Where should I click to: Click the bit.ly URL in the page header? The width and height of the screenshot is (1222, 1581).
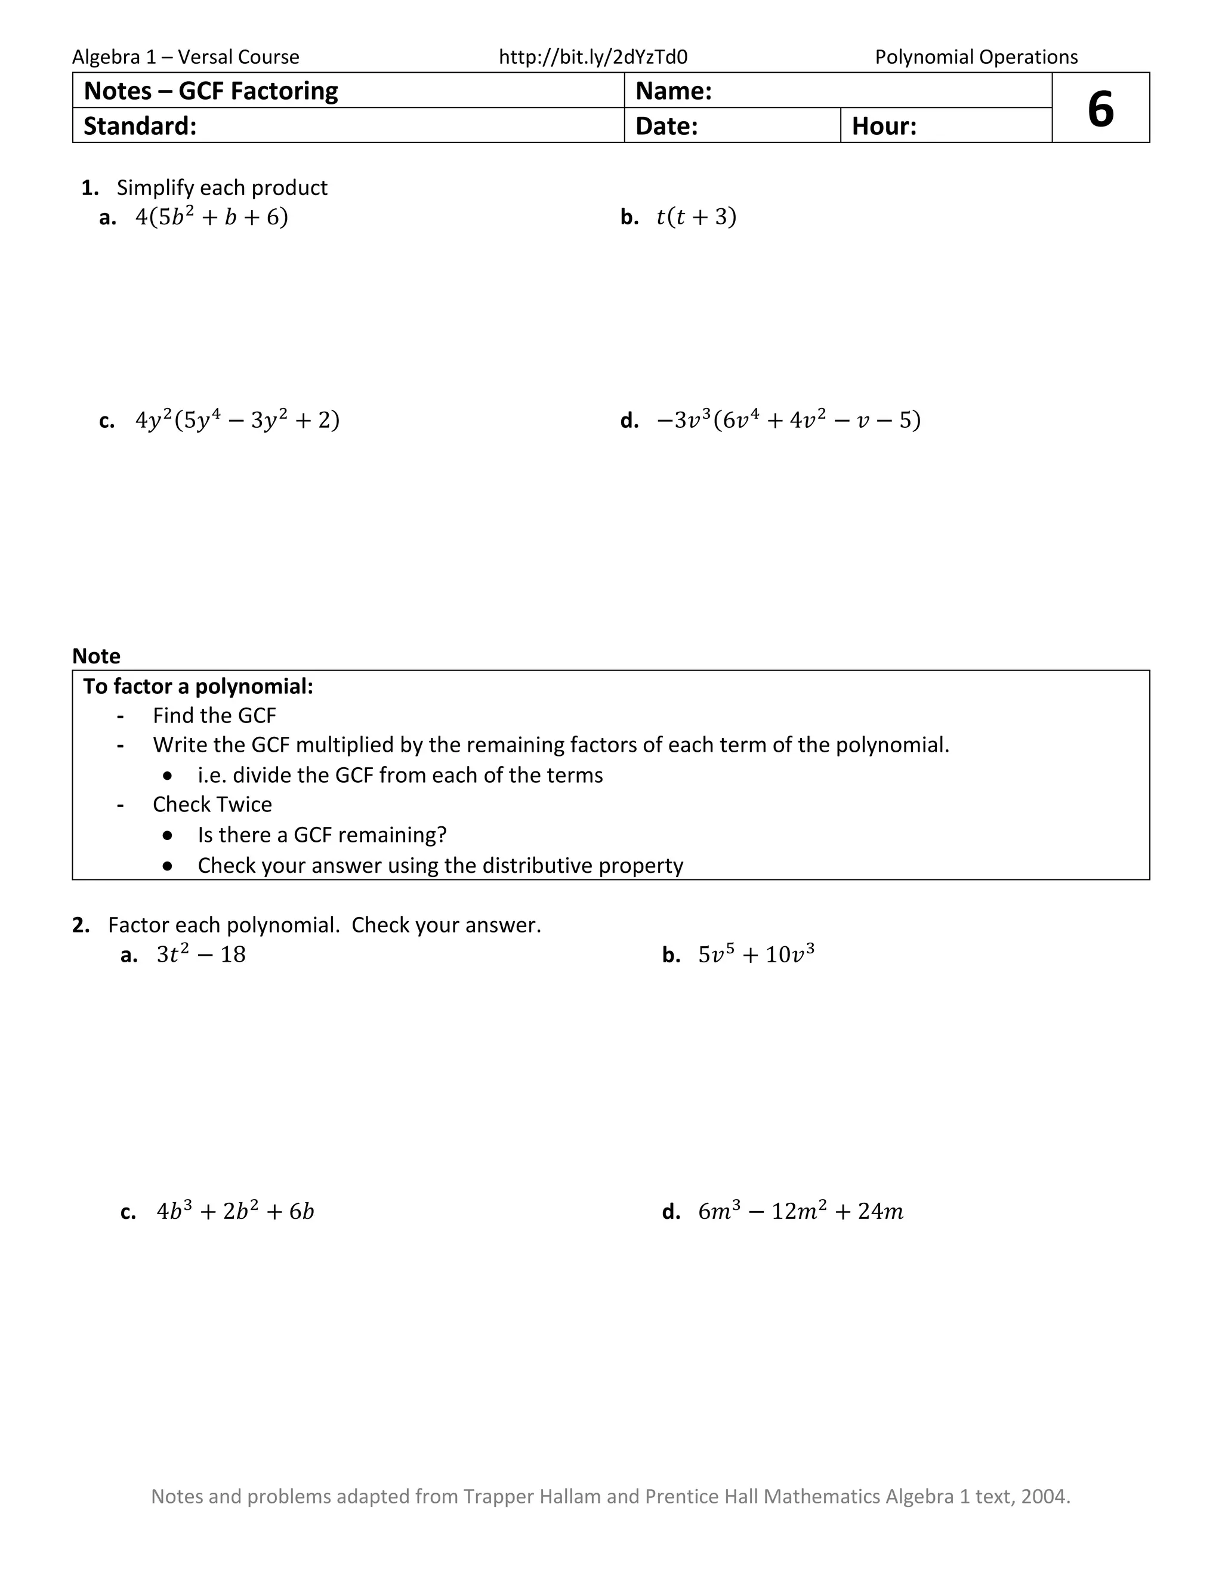coord(593,57)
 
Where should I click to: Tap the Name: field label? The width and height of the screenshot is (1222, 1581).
coord(673,91)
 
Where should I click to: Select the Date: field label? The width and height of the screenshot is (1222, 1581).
coord(666,126)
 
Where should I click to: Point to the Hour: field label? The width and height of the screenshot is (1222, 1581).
coord(884,126)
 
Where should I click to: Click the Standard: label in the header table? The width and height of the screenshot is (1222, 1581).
coord(140,126)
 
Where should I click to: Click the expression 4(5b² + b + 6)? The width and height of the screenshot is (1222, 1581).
coord(211,217)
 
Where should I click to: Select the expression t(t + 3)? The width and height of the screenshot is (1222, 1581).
coord(696,217)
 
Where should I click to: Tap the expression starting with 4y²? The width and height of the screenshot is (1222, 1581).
coord(237,420)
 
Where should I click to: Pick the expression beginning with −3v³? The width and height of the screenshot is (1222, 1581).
coord(788,420)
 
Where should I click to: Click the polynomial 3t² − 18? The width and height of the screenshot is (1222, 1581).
coord(201,954)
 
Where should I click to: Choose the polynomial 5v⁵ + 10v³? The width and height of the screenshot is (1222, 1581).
coord(756,954)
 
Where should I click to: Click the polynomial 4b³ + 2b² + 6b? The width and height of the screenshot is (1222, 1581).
coord(235,1211)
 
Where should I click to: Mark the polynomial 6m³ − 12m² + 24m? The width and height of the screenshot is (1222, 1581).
coord(801,1211)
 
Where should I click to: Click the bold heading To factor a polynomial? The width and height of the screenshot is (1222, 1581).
coord(198,686)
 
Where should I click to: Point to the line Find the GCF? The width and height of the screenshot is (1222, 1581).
coord(214,715)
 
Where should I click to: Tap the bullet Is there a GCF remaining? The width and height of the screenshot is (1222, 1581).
coord(322,835)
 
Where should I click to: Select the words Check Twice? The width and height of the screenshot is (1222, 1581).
coord(212,804)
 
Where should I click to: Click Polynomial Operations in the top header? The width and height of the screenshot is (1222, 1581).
coord(976,57)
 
